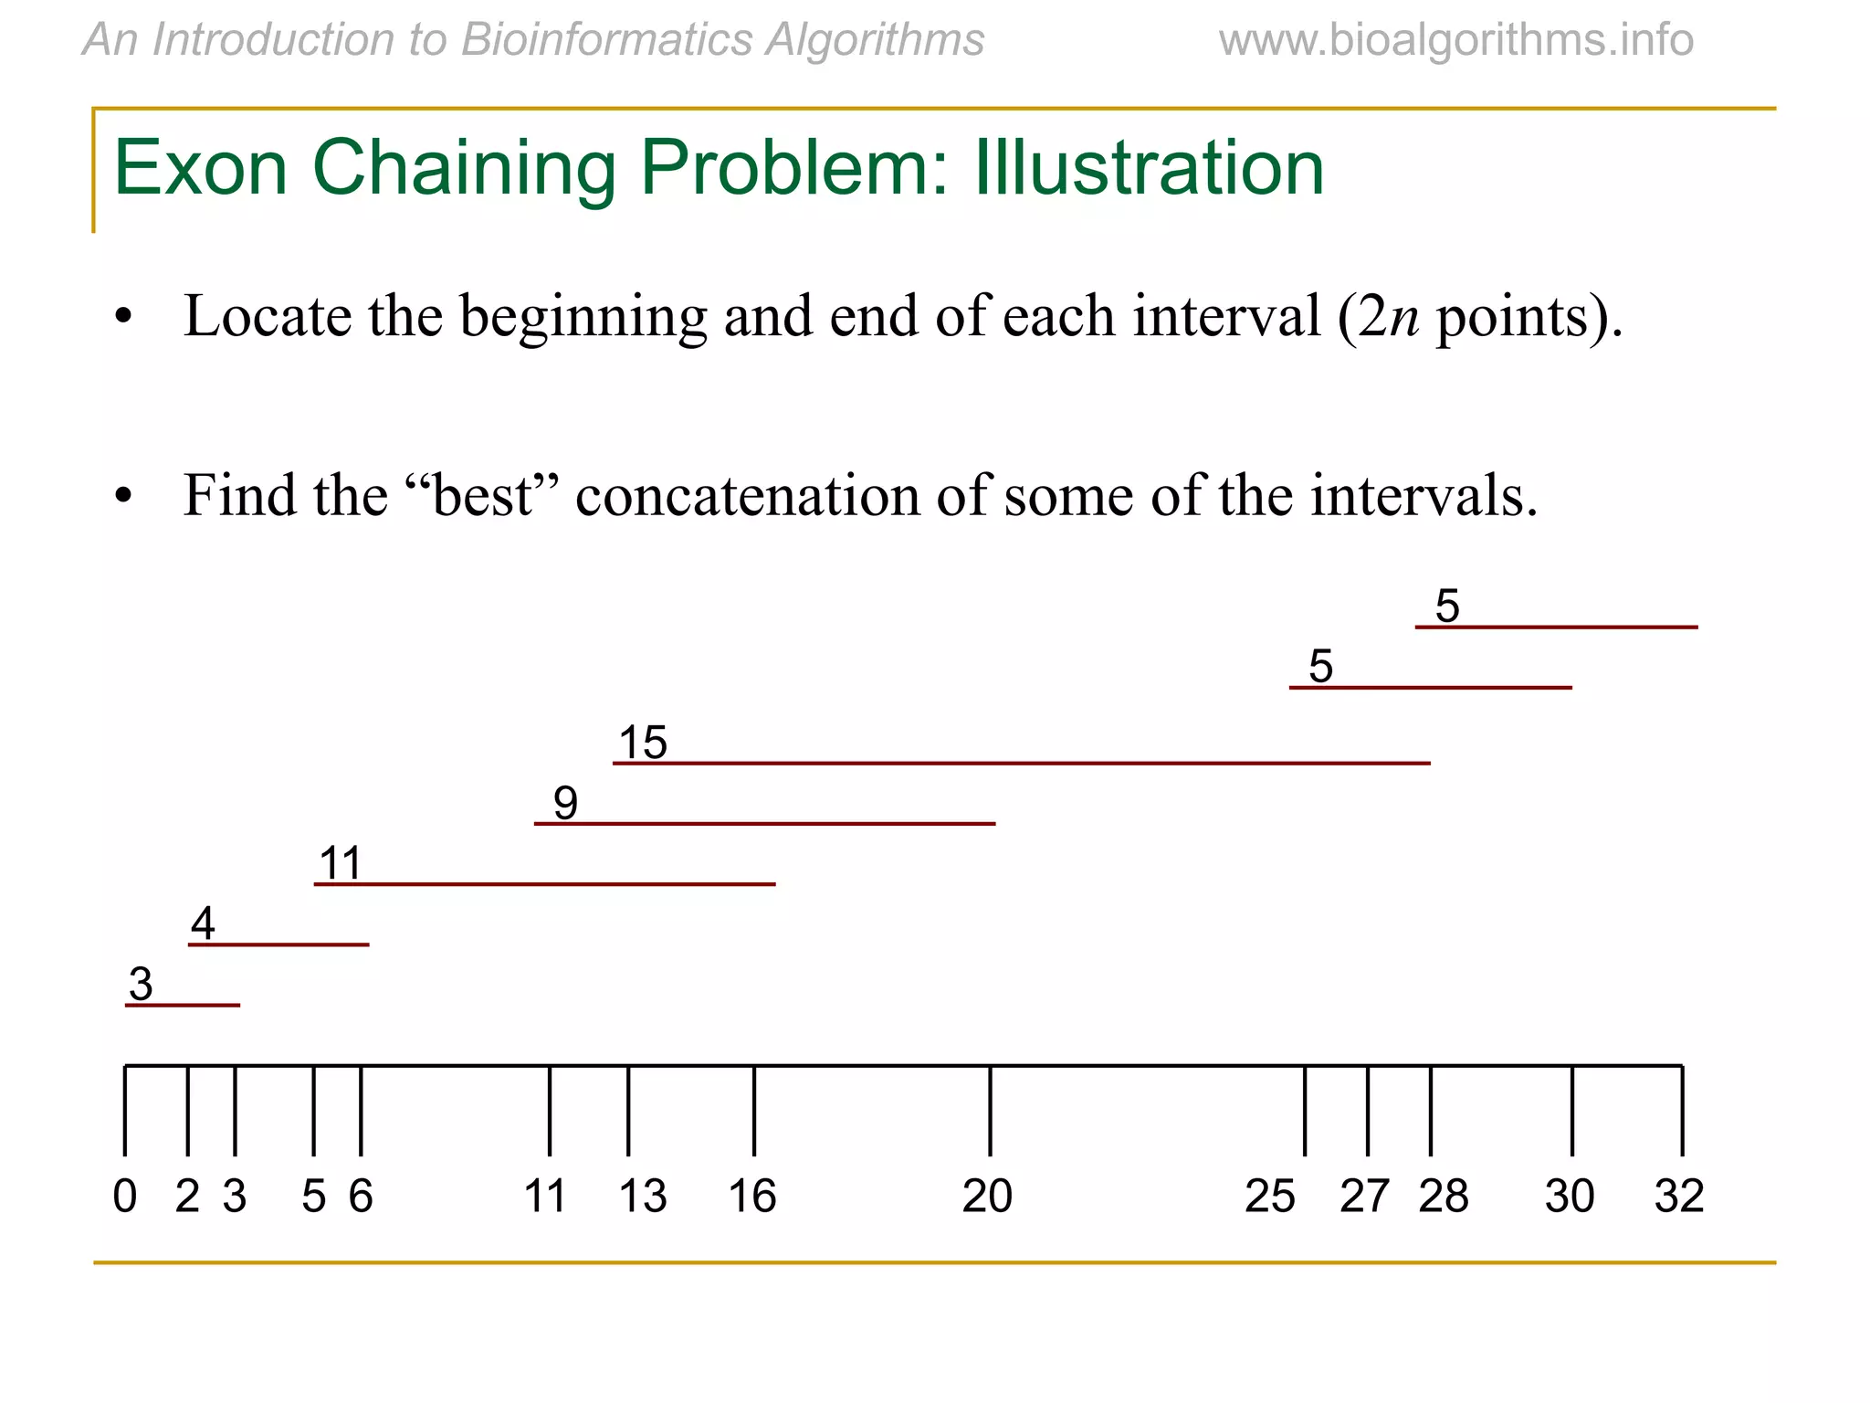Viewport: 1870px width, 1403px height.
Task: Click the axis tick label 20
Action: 987,1197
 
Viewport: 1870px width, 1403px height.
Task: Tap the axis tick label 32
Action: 1679,1197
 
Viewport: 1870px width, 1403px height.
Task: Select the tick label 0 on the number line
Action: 125,1197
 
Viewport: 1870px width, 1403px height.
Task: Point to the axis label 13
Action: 643,1197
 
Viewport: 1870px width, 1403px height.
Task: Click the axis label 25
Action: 1269,1197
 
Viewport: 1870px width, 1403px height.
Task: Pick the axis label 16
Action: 752,1197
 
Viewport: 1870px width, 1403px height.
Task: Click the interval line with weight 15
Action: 1021,763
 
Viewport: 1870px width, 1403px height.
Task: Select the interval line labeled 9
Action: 764,824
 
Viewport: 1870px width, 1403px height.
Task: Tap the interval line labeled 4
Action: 278,944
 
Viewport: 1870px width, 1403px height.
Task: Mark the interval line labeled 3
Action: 183,1005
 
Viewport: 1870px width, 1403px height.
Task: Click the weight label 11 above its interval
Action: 340,863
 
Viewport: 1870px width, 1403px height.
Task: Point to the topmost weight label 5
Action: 1447,607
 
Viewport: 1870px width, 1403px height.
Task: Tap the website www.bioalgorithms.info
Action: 1455,40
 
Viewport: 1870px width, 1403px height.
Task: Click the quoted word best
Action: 481,496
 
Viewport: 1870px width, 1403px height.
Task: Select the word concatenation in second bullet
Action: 747,496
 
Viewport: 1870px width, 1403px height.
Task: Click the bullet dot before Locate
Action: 123,319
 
